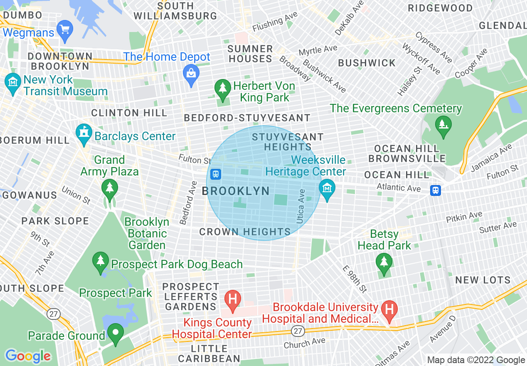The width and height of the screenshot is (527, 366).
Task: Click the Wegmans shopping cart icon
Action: [x=65, y=30]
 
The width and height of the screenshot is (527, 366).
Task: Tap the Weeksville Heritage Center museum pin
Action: [x=327, y=188]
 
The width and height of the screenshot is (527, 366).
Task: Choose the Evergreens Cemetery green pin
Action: [x=443, y=124]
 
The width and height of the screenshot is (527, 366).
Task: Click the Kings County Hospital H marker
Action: [x=233, y=299]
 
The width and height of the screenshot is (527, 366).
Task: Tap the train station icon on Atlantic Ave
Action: [x=435, y=190]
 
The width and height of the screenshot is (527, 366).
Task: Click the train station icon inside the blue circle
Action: [x=215, y=174]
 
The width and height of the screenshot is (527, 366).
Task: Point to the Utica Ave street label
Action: [x=301, y=206]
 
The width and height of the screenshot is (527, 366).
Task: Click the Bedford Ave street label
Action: [x=188, y=203]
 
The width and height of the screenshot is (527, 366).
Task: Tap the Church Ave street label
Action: [x=305, y=343]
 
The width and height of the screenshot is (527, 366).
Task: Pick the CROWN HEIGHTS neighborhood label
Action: [x=245, y=232]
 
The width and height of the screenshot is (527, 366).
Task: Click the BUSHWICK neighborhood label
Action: [x=367, y=63]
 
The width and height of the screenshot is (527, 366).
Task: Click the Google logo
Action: [x=28, y=356]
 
